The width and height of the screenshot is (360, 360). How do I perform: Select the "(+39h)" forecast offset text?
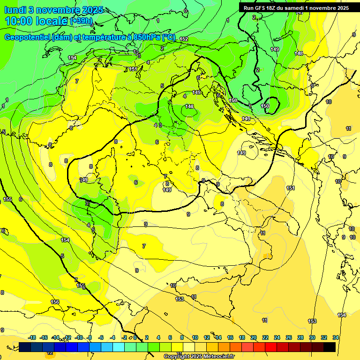click(x=81, y=22)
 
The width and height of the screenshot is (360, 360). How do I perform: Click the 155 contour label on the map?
click(x=7, y=199)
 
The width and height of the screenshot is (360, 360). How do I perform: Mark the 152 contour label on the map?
click(x=184, y=39)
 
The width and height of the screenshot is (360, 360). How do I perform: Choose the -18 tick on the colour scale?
click(x=32, y=337)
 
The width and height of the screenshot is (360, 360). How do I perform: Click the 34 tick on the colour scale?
click(x=336, y=337)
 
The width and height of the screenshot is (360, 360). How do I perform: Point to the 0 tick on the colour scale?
click(x=135, y=337)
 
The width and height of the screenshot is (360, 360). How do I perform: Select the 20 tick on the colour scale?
click(x=253, y=337)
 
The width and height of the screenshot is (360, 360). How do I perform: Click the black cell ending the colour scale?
click(x=329, y=347)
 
